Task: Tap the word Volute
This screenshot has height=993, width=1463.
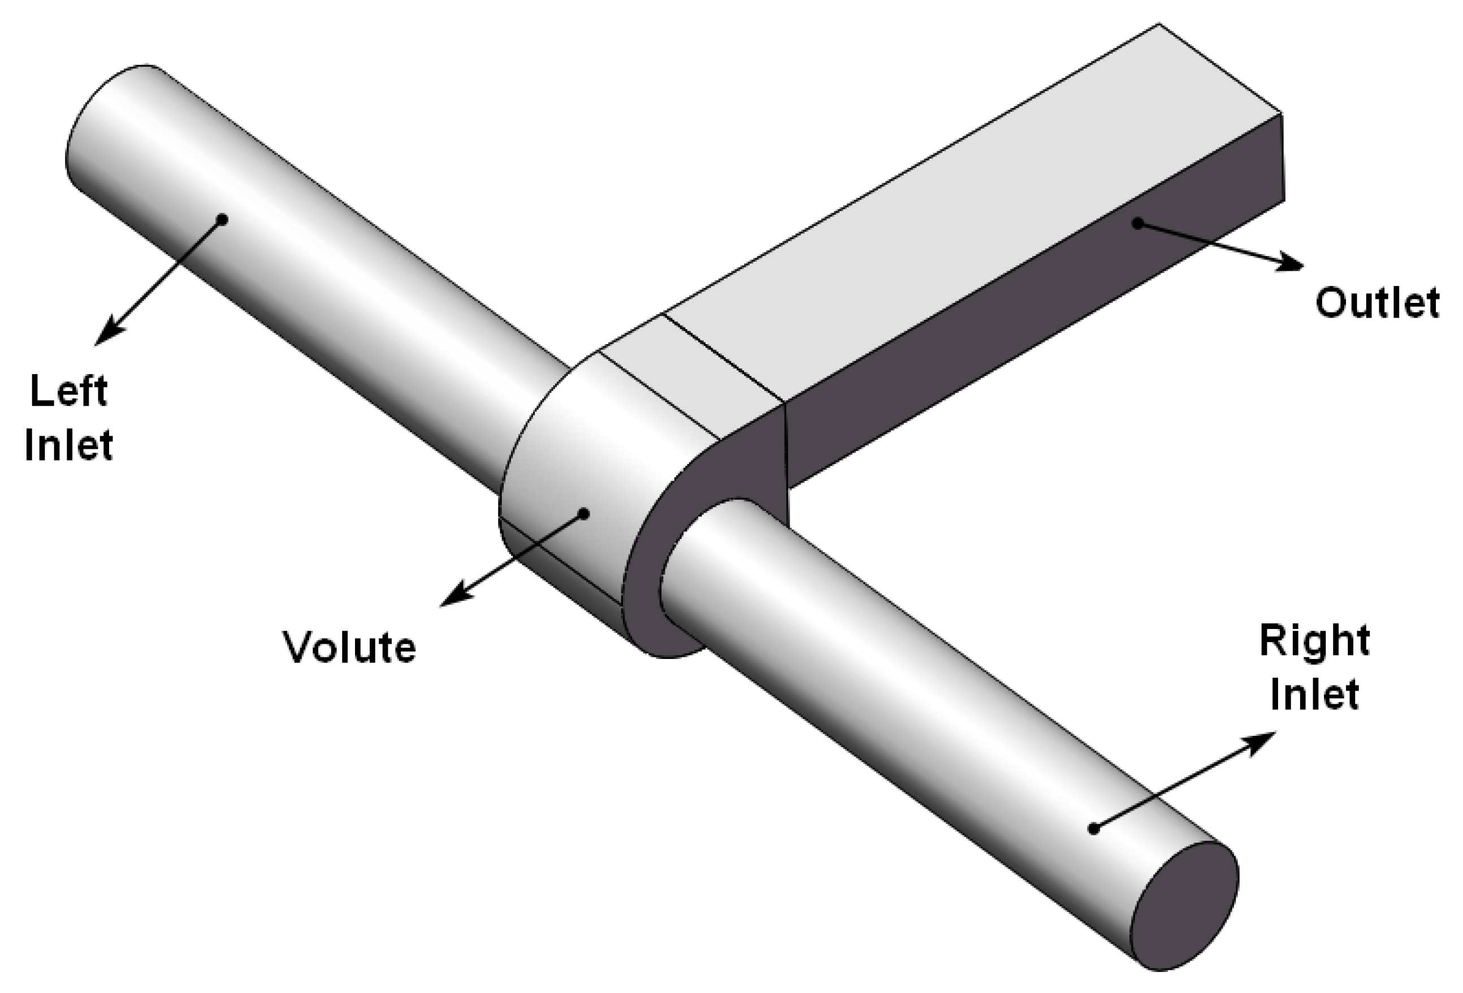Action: click(x=349, y=646)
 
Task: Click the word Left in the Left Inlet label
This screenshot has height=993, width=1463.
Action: click(x=68, y=391)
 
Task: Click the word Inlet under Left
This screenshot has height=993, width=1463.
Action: click(x=68, y=445)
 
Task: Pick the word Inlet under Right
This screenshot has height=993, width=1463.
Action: click(x=1314, y=694)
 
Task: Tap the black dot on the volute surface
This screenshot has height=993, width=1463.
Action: click(x=583, y=514)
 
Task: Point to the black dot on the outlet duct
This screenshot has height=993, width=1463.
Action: click(x=1137, y=223)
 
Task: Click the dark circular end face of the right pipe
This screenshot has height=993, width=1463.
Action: click(x=1184, y=906)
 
